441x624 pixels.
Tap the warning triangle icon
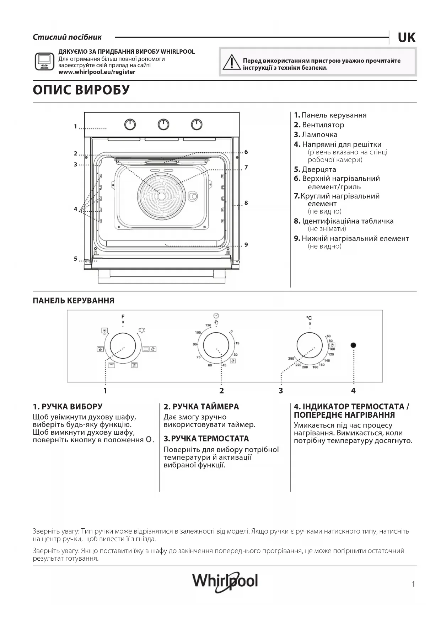232,62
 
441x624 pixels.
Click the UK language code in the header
406,37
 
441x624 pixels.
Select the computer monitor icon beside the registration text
44,62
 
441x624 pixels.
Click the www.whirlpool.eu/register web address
97,72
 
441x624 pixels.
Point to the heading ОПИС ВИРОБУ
81,90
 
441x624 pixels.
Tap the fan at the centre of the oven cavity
161,196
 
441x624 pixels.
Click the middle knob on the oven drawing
163,125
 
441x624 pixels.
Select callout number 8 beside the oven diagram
246,203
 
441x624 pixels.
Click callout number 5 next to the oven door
75,259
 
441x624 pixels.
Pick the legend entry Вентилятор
323,125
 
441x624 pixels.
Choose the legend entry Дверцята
319,170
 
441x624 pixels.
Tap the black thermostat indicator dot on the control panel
353,345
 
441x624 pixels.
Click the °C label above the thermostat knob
309,318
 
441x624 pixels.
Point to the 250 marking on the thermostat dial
291,359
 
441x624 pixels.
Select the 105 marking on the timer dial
198,333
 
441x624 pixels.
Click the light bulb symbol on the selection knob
142,330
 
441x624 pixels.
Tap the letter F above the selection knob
123,316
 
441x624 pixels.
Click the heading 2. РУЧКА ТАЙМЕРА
201,407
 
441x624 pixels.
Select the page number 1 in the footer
413,584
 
